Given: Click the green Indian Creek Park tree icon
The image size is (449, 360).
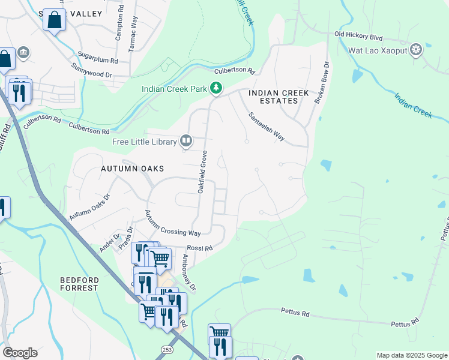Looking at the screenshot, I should [216, 89].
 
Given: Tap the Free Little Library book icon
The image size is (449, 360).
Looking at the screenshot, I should [186, 142].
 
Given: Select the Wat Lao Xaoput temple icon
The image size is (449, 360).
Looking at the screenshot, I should [415, 49].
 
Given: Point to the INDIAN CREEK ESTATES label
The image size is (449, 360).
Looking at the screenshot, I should [279, 97].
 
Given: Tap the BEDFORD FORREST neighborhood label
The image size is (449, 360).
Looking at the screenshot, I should [79, 284].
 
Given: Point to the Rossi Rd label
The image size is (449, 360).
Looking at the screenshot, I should [200, 248].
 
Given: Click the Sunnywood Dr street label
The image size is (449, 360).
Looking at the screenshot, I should [91, 70].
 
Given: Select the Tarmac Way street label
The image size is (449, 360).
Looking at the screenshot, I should [133, 44].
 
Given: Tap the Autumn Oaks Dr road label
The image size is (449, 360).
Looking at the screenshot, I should [90, 206].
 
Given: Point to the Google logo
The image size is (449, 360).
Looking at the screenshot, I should [20, 353].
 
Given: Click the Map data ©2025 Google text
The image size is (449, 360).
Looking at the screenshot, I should [411, 355].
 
